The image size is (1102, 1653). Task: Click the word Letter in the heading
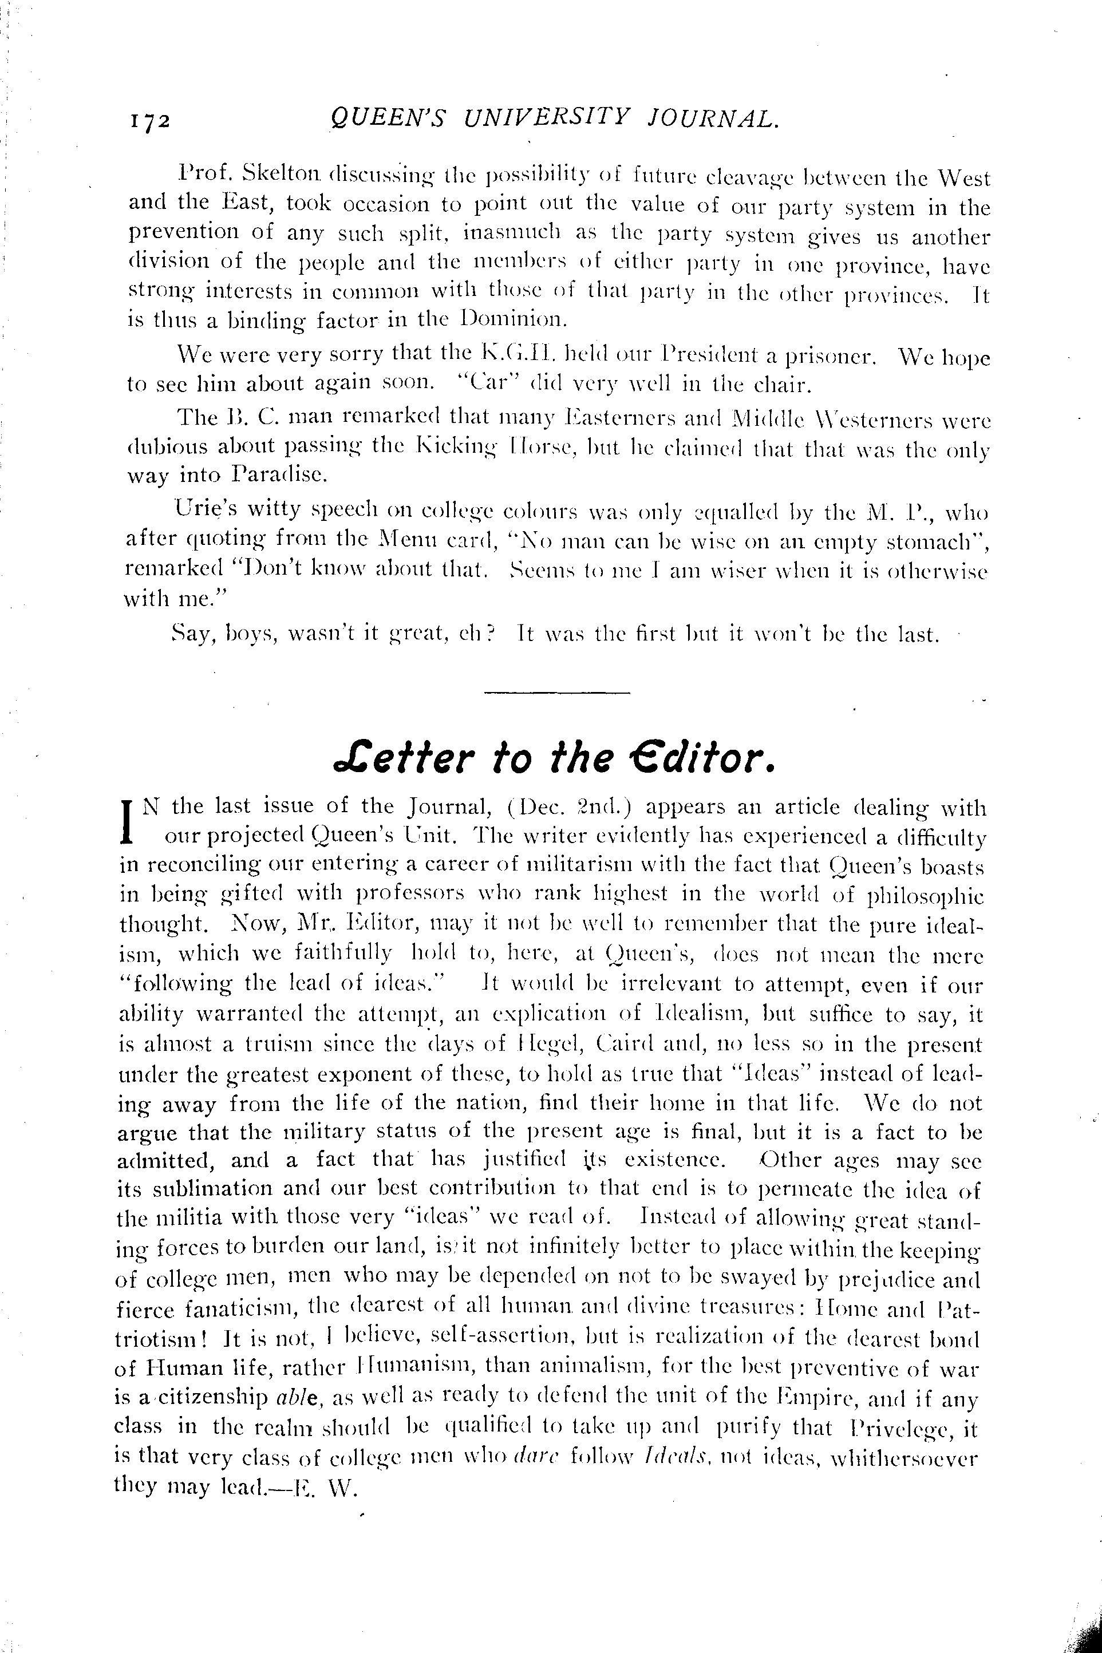coord(394,760)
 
